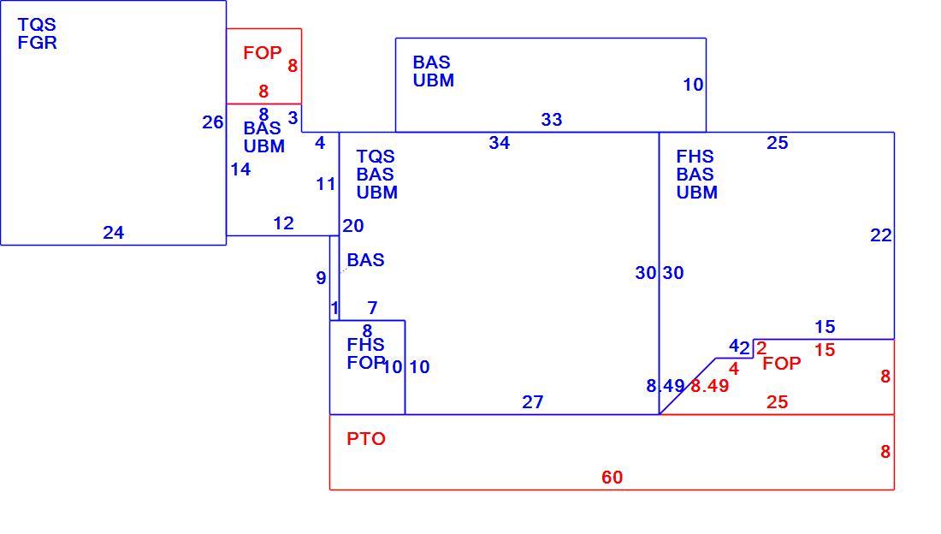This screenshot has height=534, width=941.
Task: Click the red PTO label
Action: [x=366, y=439]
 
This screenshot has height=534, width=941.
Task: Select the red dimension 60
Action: [x=613, y=478]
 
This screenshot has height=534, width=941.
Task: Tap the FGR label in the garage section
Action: [x=37, y=43]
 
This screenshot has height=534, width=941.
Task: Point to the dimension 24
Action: [x=114, y=233]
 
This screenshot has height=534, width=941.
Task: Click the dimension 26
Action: [x=212, y=122]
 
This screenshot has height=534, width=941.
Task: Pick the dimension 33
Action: [x=552, y=120]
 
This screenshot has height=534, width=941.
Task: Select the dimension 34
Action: [x=500, y=143]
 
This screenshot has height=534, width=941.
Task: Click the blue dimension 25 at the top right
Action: [x=777, y=143]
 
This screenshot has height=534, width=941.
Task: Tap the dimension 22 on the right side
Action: [x=881, y=235]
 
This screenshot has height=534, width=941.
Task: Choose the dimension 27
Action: [x=532, y=402]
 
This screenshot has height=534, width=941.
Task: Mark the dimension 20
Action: [x=352, y=226]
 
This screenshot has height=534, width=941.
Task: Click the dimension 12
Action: [x=283, y=223]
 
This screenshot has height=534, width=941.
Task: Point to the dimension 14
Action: [x=240, y=170]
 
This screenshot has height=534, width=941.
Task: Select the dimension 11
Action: [x=326, y=184]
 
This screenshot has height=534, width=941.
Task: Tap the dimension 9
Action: [x=321, y=278]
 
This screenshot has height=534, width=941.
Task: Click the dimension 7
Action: [x=373, y=308]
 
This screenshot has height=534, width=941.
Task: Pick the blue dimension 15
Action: [x=826, y=328]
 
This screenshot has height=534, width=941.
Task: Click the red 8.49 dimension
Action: [x=710, y=386]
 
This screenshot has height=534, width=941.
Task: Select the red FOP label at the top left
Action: [x=263, y=53]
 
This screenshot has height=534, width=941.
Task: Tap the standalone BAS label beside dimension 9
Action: [x=365, y=260]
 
